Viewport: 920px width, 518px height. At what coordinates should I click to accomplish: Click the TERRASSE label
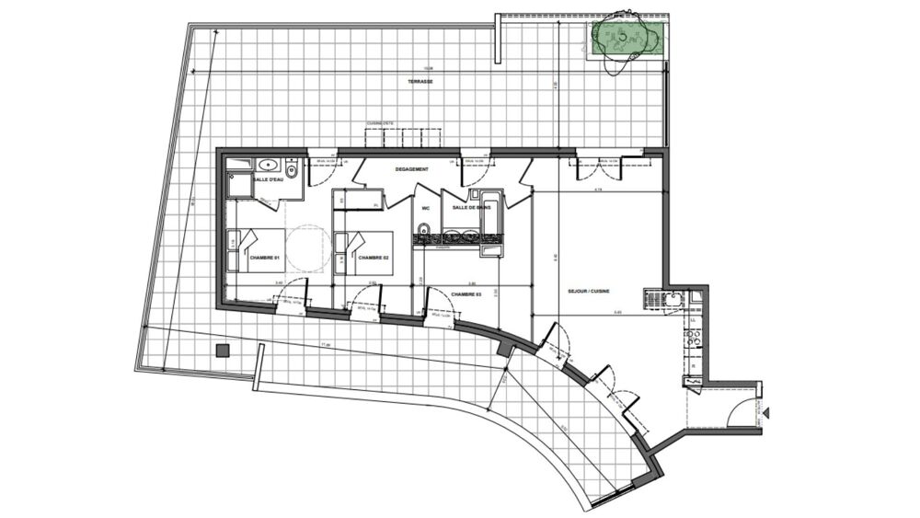[420, 82]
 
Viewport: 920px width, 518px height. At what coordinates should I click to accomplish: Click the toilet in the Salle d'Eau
[292, 172]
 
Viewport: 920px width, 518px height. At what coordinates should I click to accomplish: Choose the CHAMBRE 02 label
[374, 259]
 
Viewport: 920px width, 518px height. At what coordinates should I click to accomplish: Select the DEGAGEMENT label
[413, 170]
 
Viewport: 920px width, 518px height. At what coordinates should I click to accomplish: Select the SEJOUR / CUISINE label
[591, 294]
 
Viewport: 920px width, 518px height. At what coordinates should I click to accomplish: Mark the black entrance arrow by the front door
[766, 415]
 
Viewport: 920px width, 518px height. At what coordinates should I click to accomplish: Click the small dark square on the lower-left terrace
[222, 351]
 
